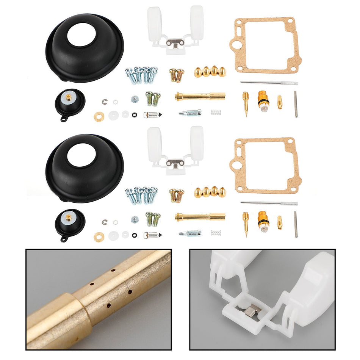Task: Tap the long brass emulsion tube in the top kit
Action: (x=200, y=96)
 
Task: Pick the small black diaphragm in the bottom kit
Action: (x=70, y=221)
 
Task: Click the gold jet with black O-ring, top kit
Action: (x=263, y=99)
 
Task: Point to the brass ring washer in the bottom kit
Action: (x=99, y=237)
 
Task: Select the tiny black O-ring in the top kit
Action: (x=135, y=115)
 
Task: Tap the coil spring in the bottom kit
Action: (x=216, y=233)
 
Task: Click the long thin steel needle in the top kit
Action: (x=269, y=83)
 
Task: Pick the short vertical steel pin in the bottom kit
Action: (x=296, y=224)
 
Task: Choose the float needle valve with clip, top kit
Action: (x=150, y=114)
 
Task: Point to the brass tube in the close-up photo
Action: (x=99, y=299)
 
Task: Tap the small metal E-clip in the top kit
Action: (x=105, y=101)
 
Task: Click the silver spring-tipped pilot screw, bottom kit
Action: (x=190, y=233)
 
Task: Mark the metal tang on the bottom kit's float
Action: (x=175, y=163)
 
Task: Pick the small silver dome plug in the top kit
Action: (x=135, y=99)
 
